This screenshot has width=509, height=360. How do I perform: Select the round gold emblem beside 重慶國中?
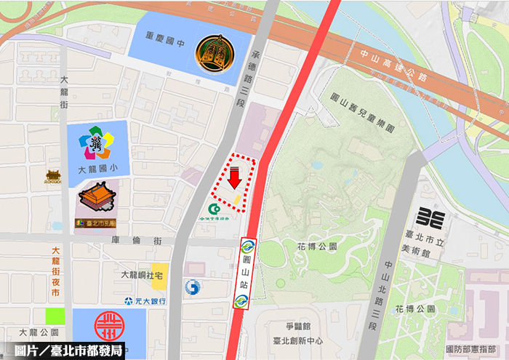click(x=217, y=53)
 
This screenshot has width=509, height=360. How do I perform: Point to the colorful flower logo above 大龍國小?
click(x=99, y=143)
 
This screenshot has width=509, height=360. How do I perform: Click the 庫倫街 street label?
click(x=124, y=240)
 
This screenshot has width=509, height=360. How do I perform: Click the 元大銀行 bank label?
click(x=145, y=300)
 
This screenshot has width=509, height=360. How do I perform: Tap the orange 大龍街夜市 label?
click(x=55, y=271)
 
